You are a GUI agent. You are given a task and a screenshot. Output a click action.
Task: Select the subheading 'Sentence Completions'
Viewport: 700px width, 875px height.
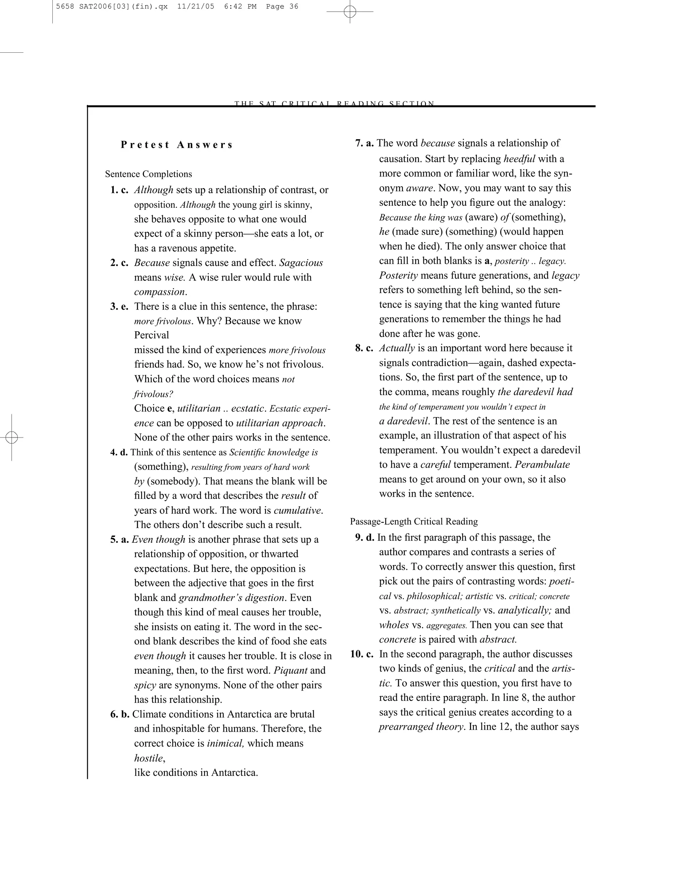149,174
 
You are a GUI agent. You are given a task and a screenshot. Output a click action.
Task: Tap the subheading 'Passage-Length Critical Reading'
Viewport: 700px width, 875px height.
414,522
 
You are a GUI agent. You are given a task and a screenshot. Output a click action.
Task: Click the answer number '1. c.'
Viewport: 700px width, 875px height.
119,190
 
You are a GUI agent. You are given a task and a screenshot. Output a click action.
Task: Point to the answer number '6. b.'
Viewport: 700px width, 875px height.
120,714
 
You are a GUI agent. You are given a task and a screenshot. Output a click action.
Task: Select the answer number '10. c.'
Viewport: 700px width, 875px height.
362,654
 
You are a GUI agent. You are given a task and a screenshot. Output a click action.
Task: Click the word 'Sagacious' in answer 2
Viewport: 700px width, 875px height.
301,263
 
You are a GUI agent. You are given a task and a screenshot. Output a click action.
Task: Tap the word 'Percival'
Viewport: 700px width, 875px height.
152,335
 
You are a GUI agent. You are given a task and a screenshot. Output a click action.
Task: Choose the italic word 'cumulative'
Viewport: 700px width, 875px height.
298,510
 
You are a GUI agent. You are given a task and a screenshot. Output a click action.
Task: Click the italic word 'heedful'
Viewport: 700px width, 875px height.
520,159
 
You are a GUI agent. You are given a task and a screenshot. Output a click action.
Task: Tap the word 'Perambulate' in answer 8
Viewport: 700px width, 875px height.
542,465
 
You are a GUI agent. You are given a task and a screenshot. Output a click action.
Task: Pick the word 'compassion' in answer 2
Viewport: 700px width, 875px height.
160,292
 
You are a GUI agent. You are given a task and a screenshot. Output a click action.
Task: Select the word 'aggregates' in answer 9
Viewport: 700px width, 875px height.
446,625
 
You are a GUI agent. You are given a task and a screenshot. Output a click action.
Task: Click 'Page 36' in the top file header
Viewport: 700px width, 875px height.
282,6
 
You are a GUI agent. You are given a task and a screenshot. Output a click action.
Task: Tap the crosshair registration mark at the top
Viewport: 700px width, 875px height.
350,12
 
